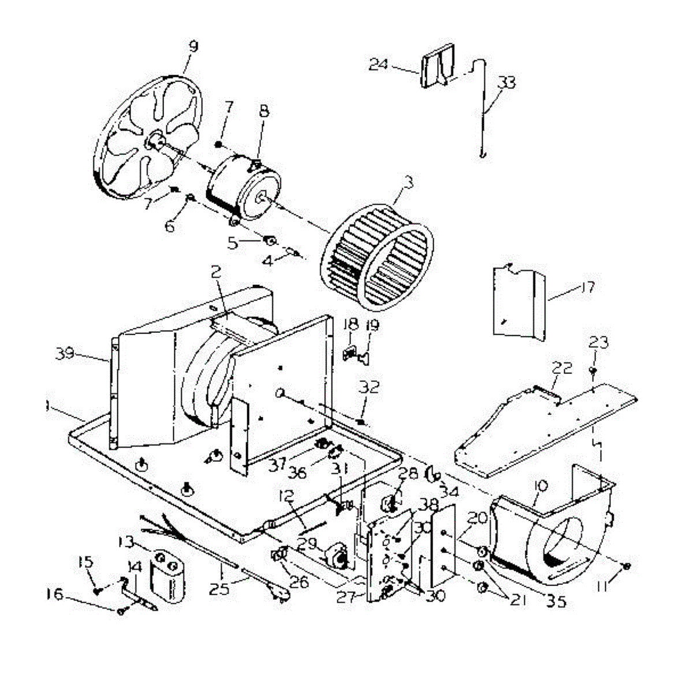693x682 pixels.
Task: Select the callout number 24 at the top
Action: [378, 64]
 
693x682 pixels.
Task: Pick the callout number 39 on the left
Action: [66, 353]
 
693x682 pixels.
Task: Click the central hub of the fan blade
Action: [154, 140]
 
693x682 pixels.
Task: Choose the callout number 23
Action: [598, 343]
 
